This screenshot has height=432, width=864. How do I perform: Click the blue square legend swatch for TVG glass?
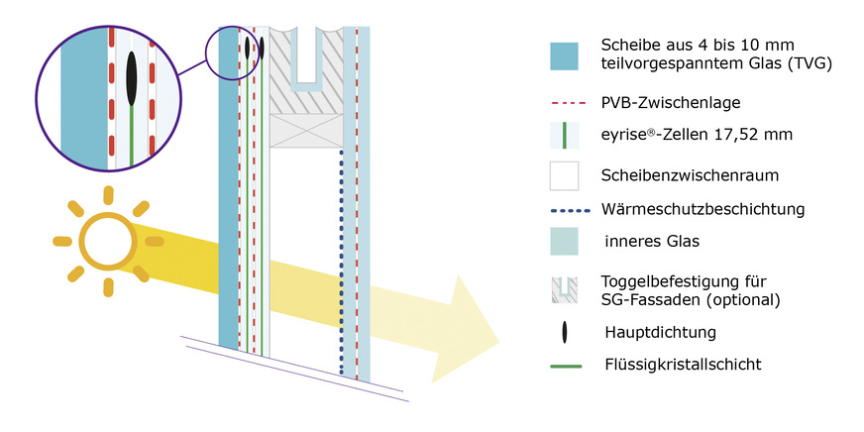pos(565,55)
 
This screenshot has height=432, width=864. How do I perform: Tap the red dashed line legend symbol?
pos(565,101)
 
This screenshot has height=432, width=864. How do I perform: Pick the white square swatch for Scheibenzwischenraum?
pos(565,175)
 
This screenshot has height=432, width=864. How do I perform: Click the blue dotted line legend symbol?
pos(565,210)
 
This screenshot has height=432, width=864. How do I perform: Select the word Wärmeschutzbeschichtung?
pos(702,210)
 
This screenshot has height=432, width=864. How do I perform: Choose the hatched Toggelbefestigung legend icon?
pos(565,288)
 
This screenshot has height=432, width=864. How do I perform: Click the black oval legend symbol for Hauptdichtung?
pos(565,330)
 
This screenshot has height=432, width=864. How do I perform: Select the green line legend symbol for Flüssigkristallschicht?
pos(565,365)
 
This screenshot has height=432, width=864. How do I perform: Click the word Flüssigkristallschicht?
pos(682,365)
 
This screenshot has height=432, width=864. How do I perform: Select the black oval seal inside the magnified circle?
pos(131,75)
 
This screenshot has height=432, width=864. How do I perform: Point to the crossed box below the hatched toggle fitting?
pos(306,130)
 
